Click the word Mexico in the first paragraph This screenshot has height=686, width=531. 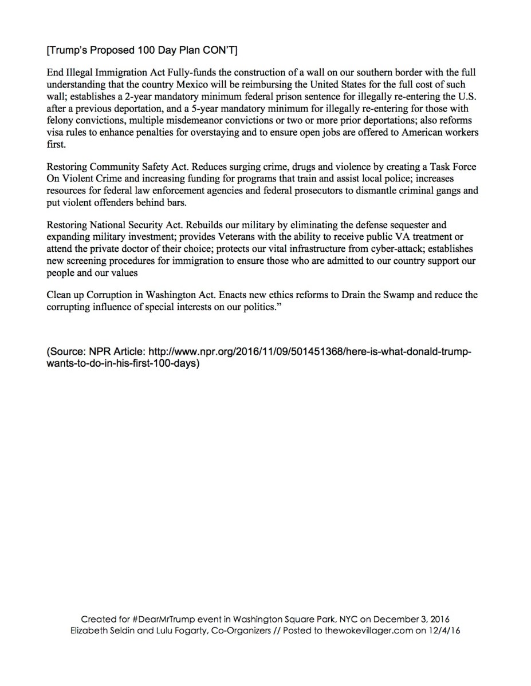coord(192,84)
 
